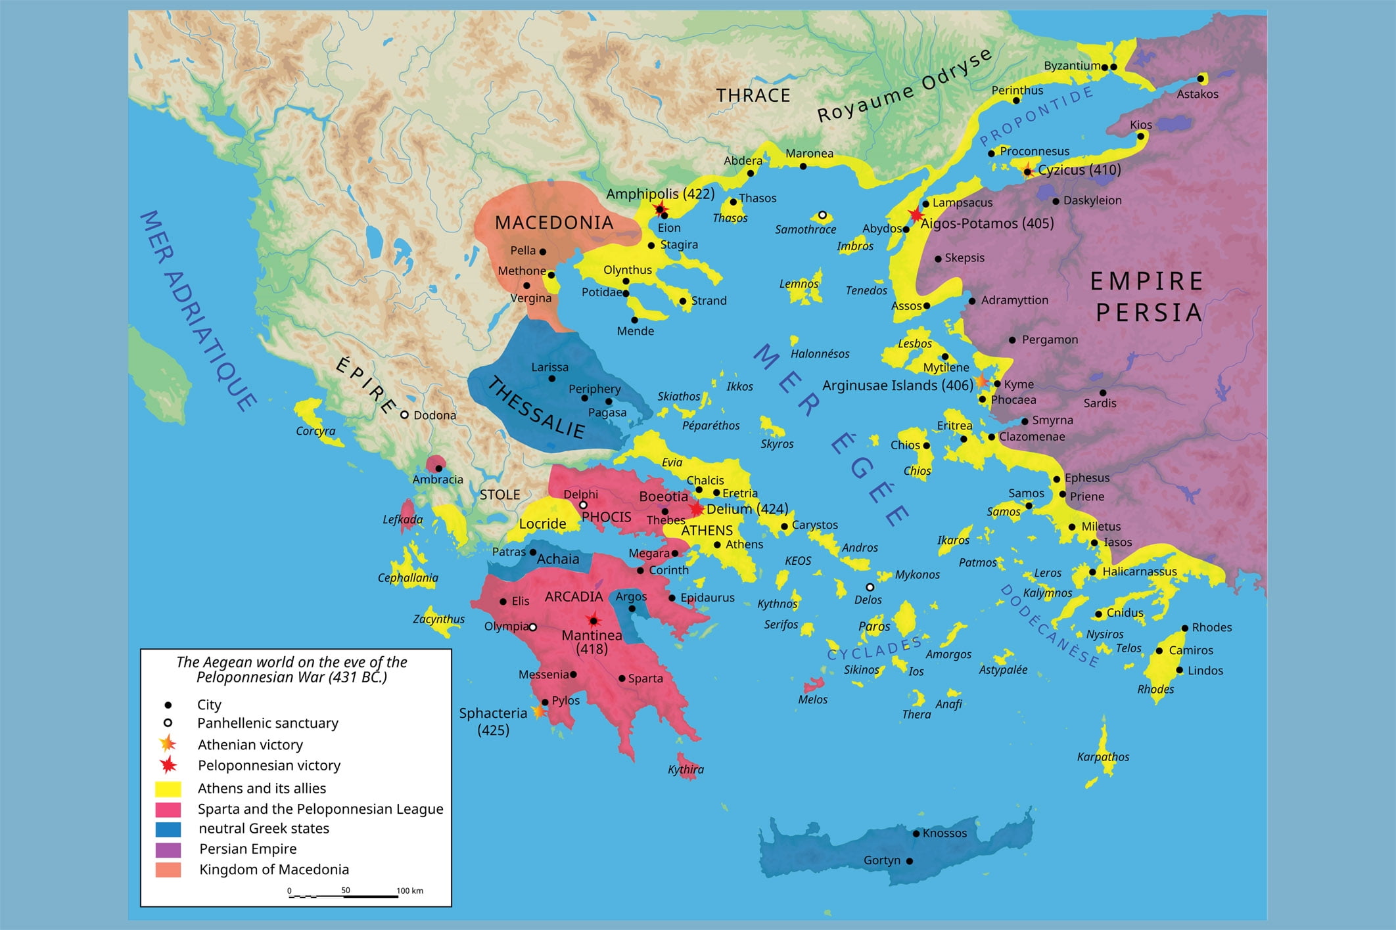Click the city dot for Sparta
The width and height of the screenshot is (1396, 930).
(622, 678)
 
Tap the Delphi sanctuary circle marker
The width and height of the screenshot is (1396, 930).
(583, 505)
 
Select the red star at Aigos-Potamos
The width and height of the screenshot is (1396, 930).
(916, 215)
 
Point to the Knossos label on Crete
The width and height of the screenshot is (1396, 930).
(944, 833)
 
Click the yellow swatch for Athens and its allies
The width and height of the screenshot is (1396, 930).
(168, 788)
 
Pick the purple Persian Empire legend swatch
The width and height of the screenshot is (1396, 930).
(168, 849)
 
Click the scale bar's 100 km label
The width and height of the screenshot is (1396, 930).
(409, 891)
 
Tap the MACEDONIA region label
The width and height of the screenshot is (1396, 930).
(554, 223)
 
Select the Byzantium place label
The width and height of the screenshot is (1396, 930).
(1071, 66)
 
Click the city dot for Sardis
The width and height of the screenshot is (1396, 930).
(1103, 393)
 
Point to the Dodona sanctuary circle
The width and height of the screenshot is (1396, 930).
(405, 415)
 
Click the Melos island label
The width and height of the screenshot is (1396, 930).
(812, 699)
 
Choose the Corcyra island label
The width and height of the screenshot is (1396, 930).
(315, 431)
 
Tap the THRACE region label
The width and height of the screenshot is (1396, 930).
(753, 96)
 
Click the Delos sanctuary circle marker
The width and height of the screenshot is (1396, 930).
(870, 587)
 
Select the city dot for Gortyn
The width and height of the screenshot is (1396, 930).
(910, 861)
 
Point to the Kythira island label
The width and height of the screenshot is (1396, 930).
(686, 769)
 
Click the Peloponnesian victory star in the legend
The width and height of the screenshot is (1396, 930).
(168, 765)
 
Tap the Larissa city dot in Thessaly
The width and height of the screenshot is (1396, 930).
(551, 378)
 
